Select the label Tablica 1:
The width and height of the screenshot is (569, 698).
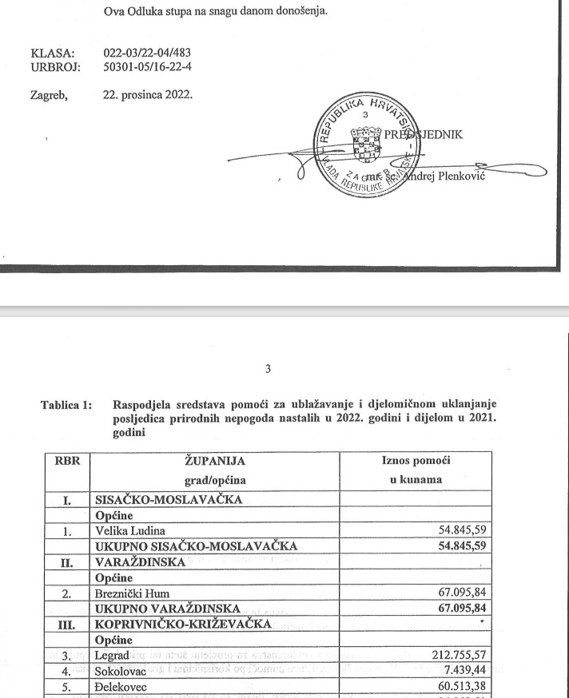(x=66, y=405)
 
